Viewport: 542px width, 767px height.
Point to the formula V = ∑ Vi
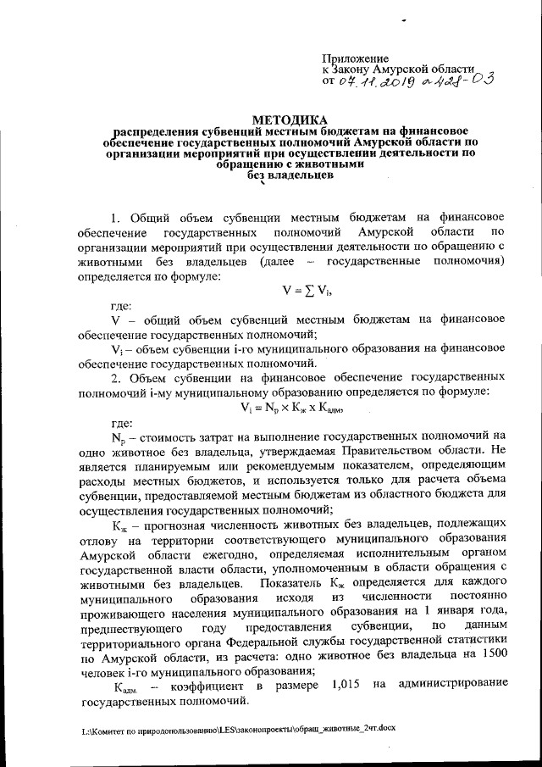click(307, 290)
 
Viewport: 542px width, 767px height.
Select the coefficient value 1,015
click(340, 684)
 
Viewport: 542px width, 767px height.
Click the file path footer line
click(239, 728)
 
